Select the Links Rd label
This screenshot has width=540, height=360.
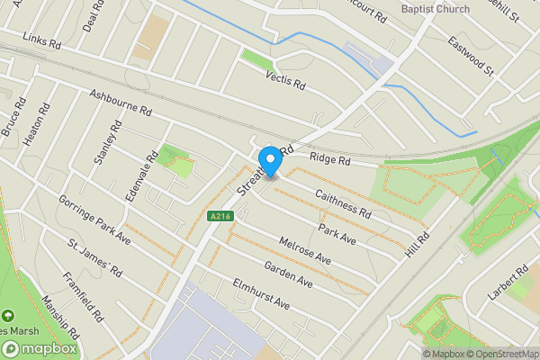42,41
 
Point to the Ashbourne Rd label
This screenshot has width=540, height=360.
120,102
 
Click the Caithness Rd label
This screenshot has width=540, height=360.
343,203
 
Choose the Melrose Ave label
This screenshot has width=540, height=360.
305,250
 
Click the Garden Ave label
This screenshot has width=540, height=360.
288,274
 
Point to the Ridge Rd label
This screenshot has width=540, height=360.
328,158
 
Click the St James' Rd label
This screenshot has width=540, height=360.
94,256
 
